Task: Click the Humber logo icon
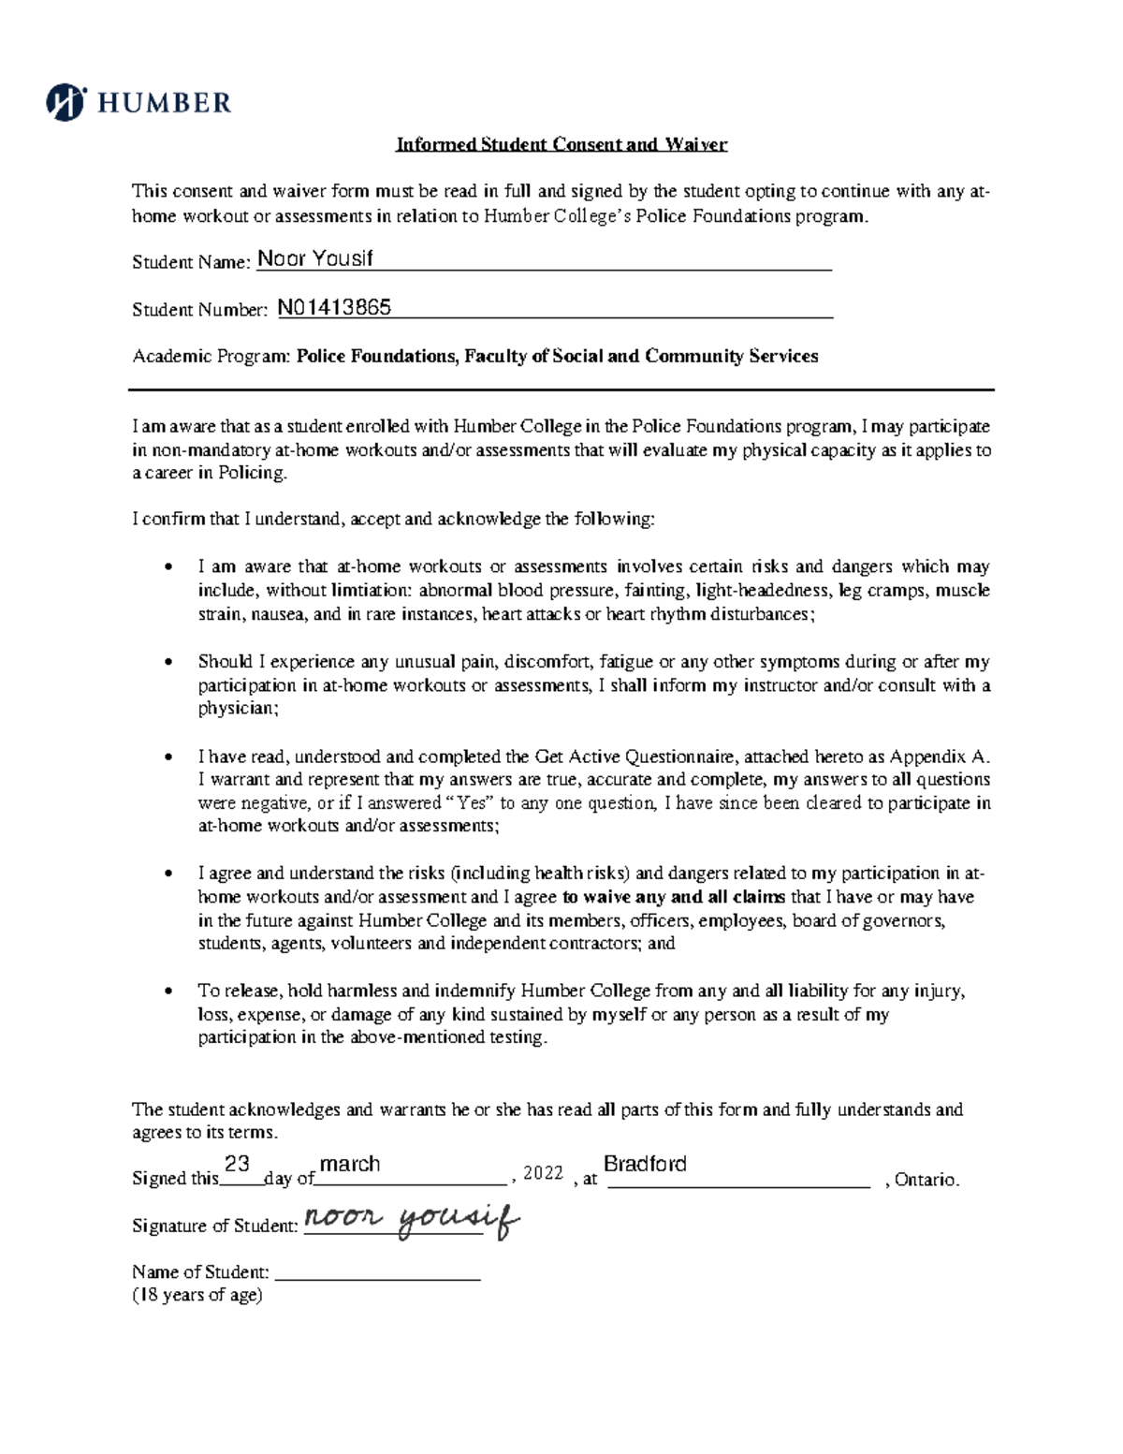[x=66, y=102]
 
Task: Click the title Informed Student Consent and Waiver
[x=561, y=144]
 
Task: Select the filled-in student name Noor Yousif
[x=314, y=259]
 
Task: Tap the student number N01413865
[x=334, y=307]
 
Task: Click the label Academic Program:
[x=211, y=357]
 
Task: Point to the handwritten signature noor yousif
[x=412, y=1220]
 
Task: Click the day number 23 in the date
[x=237, y=1164]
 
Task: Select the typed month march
[x=350, y=1165]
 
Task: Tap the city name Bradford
[x=645, y=1165]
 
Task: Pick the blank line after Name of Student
[x=379, y=1274]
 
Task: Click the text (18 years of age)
[x=197, y=1296]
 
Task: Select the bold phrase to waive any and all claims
[x=674, y=897]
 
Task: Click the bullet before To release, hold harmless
[x=168, y=991]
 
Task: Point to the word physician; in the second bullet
[x=239, y=709]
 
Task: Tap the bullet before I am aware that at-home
[x=168, y=566]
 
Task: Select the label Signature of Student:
[x=215, y=1226]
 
